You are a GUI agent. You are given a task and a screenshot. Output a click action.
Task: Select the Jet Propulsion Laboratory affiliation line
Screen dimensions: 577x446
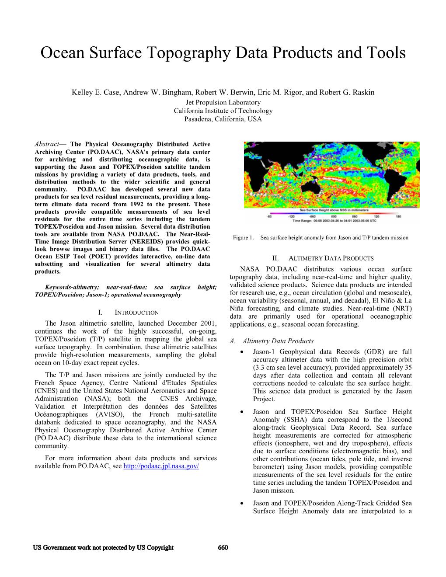[223, 102]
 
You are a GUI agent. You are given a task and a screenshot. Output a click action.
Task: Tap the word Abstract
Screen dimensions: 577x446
[47, 144]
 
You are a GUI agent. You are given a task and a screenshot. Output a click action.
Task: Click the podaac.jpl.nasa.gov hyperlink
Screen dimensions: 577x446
[161, 466]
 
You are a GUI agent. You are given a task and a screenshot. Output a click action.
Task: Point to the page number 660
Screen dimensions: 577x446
[223, 548]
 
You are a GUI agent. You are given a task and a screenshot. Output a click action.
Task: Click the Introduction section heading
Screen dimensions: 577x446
[136, 313]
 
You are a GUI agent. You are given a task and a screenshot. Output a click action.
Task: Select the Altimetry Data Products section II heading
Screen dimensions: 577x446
[331, 258]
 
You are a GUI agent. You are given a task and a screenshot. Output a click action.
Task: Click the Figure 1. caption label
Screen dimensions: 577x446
[243, 238]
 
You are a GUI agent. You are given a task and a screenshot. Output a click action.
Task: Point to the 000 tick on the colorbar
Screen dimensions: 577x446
[334, 216]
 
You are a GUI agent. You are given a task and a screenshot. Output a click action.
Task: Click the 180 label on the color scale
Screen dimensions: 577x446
[398, 216]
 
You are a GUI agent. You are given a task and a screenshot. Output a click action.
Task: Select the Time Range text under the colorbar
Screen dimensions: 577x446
[334, 221]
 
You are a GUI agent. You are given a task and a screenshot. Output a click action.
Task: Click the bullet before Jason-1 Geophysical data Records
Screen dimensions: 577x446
[242, 352]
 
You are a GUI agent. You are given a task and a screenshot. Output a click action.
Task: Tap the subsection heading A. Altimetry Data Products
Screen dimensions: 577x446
[272, 341]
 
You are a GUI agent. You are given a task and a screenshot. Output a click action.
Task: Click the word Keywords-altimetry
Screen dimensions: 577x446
[72, 287]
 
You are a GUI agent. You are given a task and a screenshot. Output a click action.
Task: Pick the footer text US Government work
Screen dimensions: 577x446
[103, 548]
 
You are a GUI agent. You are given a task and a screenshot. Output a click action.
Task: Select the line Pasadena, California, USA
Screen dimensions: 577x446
[223, 119]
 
